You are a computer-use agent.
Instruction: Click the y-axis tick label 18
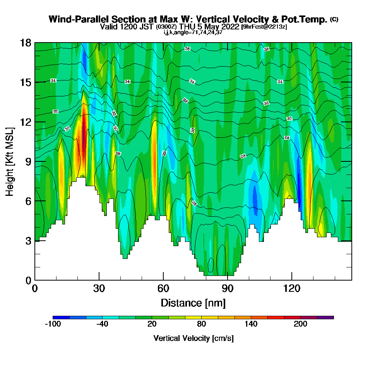25,43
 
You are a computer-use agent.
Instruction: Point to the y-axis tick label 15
25,82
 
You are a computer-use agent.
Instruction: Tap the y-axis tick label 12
25,122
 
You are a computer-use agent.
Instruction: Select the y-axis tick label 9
28,161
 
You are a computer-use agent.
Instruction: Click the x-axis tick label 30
99,288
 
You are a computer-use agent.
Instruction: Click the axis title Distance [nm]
193,303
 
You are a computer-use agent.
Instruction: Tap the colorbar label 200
301,324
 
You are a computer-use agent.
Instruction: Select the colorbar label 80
202,324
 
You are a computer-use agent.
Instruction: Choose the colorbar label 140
251,324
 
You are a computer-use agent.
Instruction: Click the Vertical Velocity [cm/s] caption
193,338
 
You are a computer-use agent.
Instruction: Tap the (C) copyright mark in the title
334,19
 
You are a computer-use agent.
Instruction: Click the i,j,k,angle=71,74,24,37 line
193,32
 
